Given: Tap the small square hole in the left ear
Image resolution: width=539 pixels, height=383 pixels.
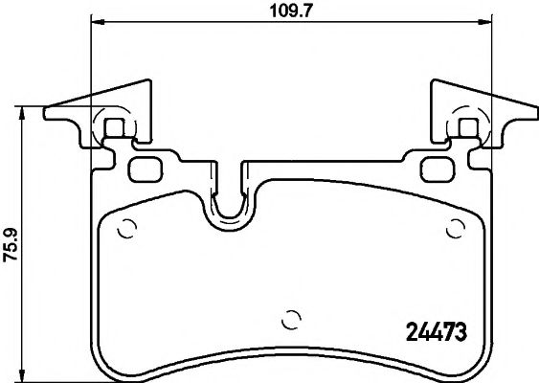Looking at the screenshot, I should pos(114,127).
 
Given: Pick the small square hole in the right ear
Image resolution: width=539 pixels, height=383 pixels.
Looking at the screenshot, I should pos(468,127).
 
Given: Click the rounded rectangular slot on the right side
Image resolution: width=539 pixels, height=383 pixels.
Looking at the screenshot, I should pos(438,169).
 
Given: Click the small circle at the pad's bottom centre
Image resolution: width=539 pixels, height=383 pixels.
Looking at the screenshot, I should pos(292,320).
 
